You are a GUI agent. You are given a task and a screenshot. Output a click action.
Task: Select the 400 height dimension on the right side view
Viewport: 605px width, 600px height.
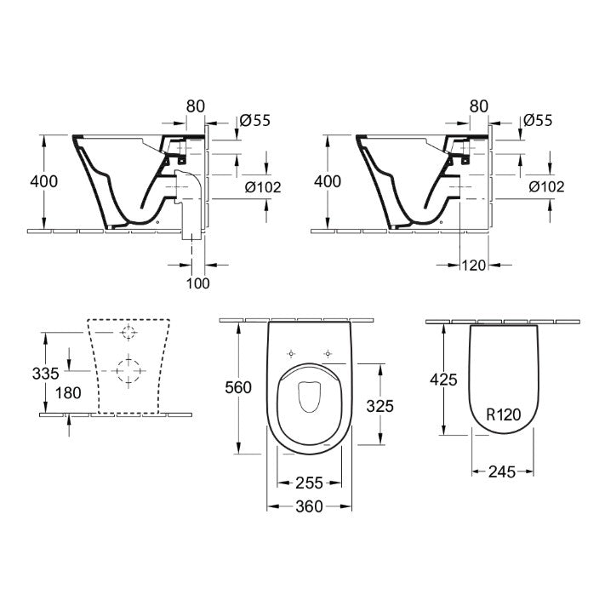(x=328, y=181)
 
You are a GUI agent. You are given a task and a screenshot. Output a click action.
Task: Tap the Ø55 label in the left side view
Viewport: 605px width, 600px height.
(x=255, y=121)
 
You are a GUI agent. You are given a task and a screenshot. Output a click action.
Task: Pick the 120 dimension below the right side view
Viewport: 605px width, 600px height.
(x=475, y=266)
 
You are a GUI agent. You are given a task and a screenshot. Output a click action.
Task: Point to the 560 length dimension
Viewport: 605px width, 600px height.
(x=237, y=387)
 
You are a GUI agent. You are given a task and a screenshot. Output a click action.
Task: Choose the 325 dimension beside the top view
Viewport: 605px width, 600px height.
(x=379, y=406)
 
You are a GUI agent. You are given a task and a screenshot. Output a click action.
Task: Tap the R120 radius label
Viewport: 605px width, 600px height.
(x=503, y=414)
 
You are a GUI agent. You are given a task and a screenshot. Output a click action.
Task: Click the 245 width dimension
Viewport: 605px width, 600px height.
(x=502, y=471)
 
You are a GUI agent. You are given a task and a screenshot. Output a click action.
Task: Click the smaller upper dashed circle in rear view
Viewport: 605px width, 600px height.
(x=128, y=332)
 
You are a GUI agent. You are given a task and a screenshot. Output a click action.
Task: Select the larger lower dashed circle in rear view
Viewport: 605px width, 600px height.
(x=128, y=369)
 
